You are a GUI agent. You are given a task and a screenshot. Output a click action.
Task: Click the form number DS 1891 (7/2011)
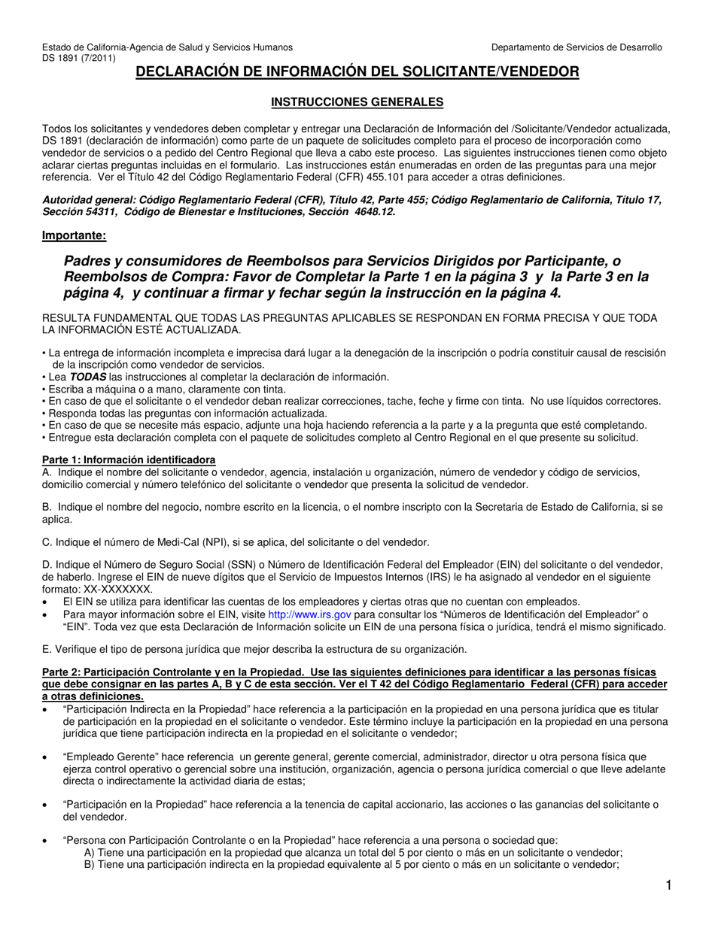pyautogui.click(x=79, y=58)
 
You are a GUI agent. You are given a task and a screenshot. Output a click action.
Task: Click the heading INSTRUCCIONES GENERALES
pyautogui.click(x=357, y=102)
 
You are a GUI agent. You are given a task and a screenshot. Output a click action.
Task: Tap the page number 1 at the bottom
pyautogui.click(x=668, y=887)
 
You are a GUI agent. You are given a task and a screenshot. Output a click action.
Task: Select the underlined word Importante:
pyautogui.click(x=74, y=235)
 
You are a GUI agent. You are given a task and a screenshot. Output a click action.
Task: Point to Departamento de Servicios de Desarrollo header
pyautogui.click(x=577, y=47)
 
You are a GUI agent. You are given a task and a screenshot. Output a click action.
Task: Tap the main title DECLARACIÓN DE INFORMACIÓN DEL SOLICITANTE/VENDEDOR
pyautogui.click(x=357, y=72)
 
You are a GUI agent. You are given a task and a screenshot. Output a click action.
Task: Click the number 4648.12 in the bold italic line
pyautogui.click(x=373, y=211)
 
